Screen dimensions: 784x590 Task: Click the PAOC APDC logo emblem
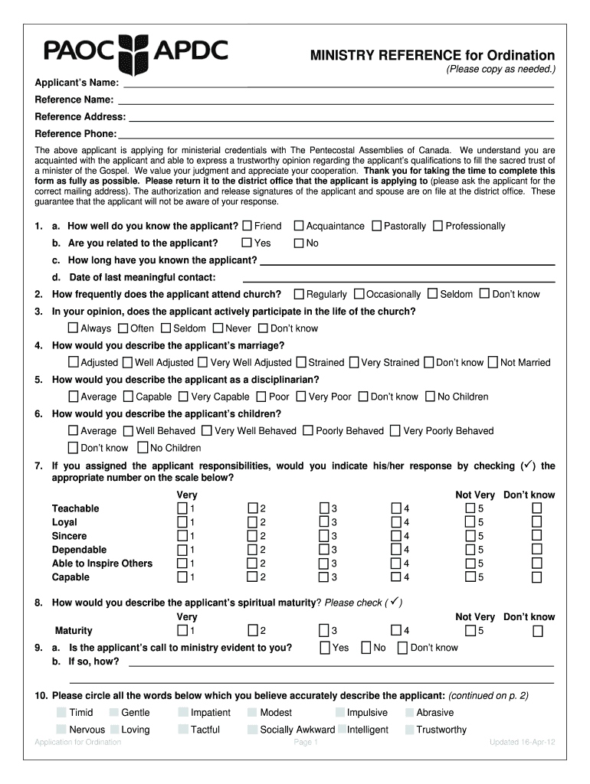click(x=136, y=52)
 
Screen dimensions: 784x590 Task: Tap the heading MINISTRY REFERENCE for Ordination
click(x=432, y=55)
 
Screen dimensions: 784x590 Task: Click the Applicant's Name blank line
click(x=337, y=83)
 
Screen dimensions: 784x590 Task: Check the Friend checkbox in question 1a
click(x=247, y=226)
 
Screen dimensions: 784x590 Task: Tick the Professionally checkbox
click(x=438, y=226)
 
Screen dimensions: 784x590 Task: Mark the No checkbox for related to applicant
click(x=299, y=243)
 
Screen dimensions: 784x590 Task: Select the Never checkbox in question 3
click(x=218, y=328)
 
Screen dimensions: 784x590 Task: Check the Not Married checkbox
click(x=493, y=362)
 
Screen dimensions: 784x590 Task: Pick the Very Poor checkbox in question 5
click(x=301, y=397)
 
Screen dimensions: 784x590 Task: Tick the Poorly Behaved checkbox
click(x=308, y=431)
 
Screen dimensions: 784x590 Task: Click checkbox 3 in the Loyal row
click(x=324, y=522)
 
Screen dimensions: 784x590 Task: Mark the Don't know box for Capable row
click(x=537, y=577)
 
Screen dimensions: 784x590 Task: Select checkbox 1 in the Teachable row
click(x=182, y=508)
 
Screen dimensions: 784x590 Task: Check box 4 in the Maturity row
click(x=396, y=631)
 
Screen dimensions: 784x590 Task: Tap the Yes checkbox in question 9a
click(x=326, y=648)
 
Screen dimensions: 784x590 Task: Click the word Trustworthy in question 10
click(x=441, y=730)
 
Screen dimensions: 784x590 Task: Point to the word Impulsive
click(x=367, y=713)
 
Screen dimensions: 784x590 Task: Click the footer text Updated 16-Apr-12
click(x=522, y=743)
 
